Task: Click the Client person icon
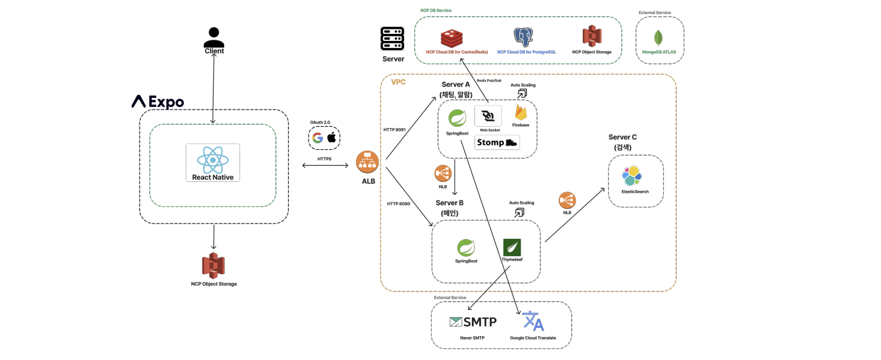point(213,36)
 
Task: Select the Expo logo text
point(158,101)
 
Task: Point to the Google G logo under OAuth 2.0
point(318,138)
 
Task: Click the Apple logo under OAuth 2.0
point(332,138)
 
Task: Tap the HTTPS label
point(325,158)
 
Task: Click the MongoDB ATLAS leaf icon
point(658,38)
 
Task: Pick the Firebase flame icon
point(521,113)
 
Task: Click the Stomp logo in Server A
point(497,143)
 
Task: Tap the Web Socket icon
point(489,116)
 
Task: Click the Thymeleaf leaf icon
point(512,247)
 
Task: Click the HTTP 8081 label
point(394,129)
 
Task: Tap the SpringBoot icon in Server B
point(465,248)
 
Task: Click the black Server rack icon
point(392,40)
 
